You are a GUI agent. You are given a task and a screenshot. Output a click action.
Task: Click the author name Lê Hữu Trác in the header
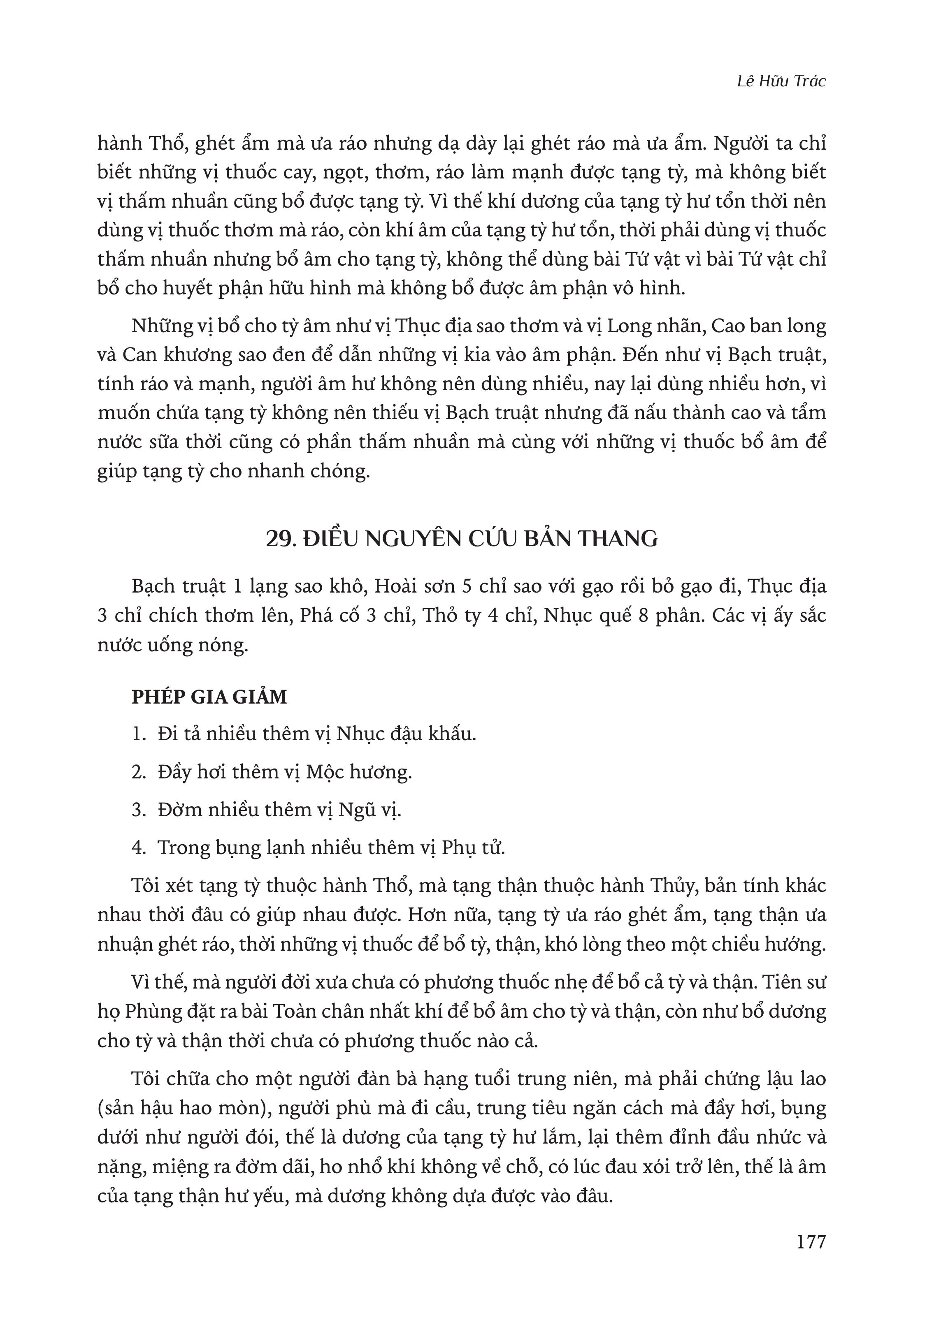point(781,82)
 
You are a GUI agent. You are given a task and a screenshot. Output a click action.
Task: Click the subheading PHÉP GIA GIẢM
point(209,697)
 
